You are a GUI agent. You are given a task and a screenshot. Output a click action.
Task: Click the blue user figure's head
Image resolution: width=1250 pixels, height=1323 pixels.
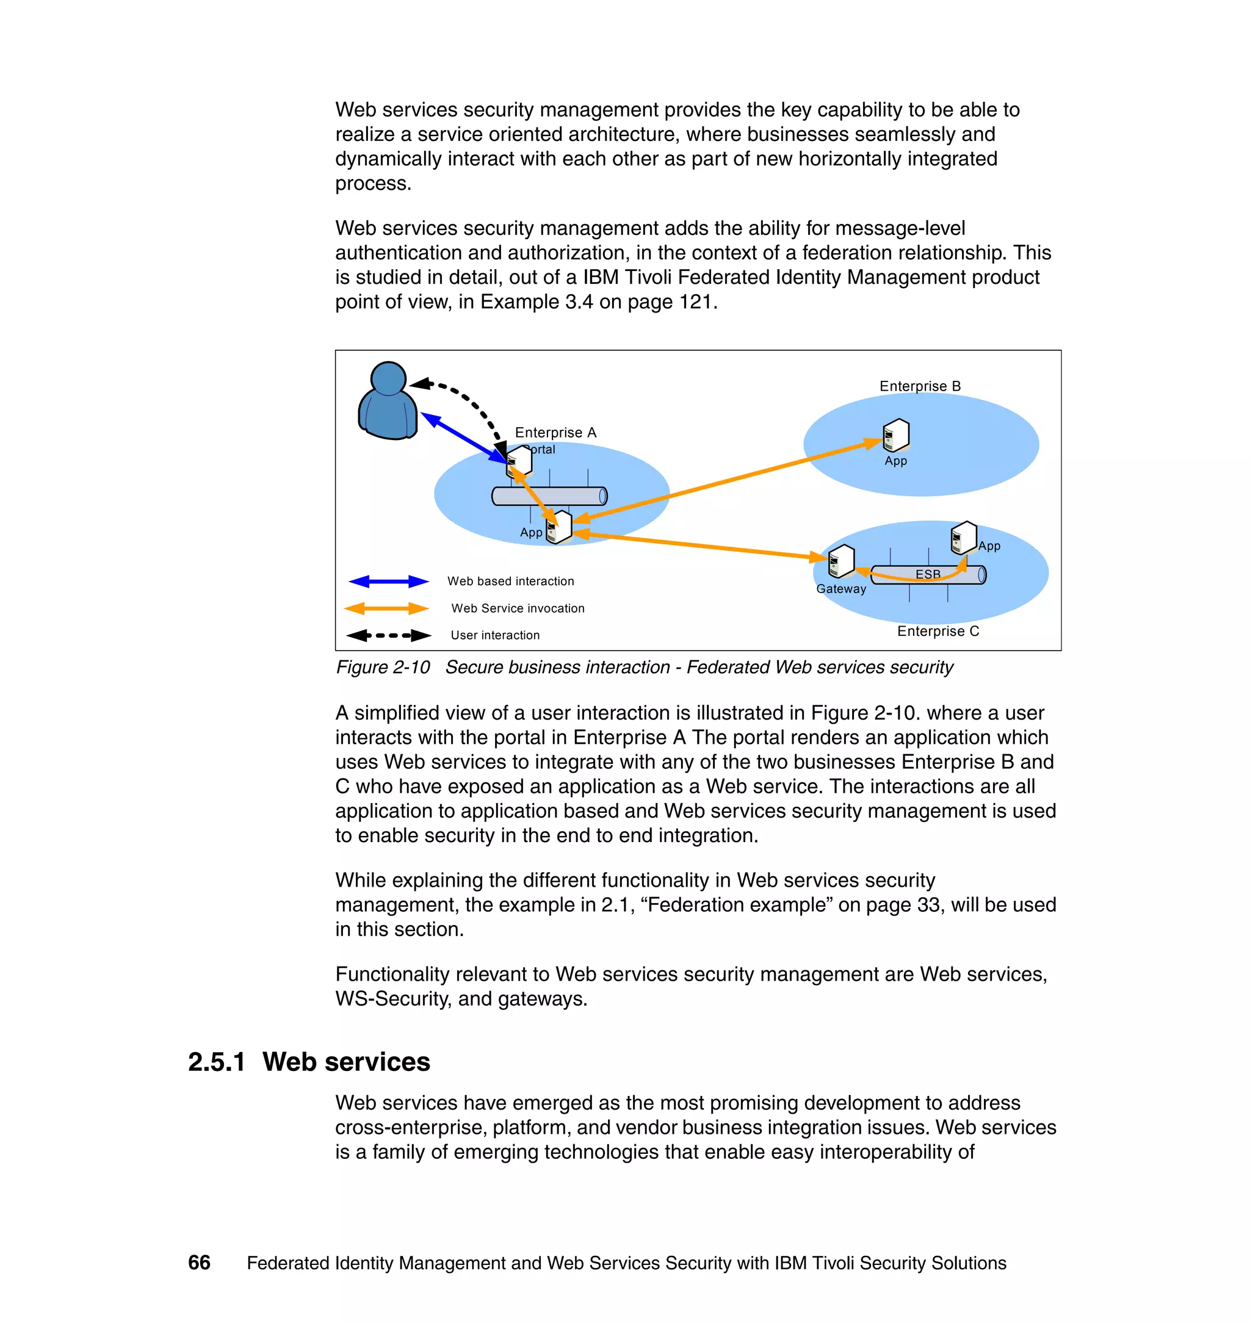(388, 378)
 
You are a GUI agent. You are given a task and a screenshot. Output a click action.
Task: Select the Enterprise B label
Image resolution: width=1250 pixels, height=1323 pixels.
(920, 386)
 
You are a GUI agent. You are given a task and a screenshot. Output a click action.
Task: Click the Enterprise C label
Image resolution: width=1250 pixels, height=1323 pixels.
(937, 631)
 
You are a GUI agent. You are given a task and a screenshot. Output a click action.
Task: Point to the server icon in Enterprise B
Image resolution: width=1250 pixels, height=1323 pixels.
(896, 436)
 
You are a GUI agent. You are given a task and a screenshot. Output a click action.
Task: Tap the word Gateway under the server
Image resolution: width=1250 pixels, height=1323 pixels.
(841, 589)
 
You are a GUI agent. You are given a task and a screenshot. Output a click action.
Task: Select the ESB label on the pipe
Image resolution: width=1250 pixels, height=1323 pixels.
(928, 574)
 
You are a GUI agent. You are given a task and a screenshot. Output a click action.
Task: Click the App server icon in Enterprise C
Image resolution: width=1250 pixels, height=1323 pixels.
(964, 538)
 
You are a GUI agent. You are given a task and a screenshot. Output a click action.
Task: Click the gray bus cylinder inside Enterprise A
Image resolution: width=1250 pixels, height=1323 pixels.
(549, 496)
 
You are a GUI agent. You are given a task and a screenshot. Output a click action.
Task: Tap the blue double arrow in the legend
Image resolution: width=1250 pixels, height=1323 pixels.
(388, 582)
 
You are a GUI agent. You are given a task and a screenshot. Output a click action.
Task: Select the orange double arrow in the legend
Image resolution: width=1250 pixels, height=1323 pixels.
(386, 608)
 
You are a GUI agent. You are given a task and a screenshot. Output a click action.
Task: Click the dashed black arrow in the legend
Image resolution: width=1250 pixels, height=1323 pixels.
(388, 635)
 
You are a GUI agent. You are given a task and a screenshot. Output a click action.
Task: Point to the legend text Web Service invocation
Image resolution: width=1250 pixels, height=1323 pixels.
(518, 608)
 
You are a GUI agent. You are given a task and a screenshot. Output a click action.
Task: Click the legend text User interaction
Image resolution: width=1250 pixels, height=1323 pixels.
(495, 635)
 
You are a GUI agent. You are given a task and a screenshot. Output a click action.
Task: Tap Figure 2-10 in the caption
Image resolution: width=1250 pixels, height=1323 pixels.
(383, 667)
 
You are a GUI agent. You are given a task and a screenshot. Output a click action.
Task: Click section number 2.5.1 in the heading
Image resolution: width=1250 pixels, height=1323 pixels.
(217, 1062)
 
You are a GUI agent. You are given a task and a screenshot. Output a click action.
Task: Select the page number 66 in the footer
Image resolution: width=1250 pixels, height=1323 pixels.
(199, 1263)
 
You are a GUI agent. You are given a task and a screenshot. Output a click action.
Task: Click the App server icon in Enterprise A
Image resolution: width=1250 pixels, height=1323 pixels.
(559, 528)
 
